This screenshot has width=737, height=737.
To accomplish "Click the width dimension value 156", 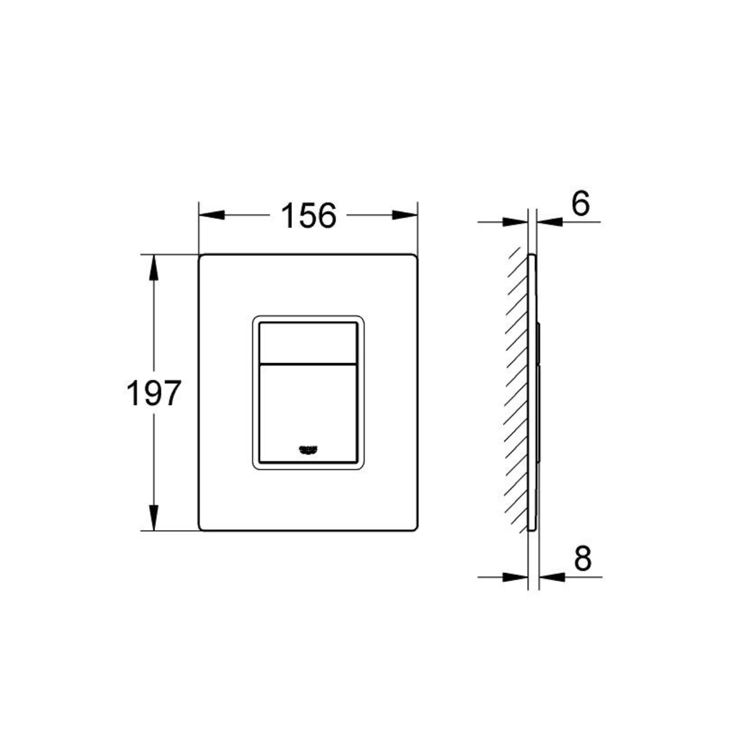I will click(x=308, y=215).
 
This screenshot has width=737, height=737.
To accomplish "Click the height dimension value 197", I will click(x=153, y=393).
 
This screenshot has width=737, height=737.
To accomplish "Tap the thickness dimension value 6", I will click(x=580, y=205).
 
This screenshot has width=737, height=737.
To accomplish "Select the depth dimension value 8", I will click(x=583, y=558).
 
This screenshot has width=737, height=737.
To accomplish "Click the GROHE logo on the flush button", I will click(x=308, y=450).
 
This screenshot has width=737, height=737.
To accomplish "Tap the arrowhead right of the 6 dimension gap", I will click(x=550, y=222).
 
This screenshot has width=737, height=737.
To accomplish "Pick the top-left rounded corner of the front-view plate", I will click(x=202, y=258).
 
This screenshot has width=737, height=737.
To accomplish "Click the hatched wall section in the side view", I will click(x=516, y=392).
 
